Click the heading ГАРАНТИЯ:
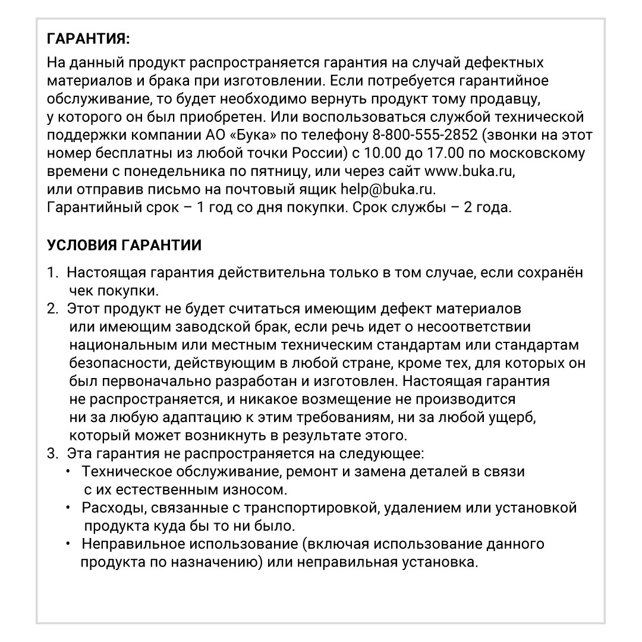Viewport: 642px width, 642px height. (x=87, y=40)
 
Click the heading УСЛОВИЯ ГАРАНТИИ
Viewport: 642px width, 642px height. (x=124, y=246)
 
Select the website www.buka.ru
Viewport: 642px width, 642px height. (x=467, y=172)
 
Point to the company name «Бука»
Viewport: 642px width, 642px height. (x=231, y=134)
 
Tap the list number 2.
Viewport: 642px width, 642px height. (x=52, y=309)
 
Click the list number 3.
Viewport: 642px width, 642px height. (x=52, y=454)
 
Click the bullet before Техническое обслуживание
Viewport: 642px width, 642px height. (x=68, y=471)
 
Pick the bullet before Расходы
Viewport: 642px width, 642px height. (x=68, y=508)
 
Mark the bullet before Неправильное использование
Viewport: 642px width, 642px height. (x=68, y=544)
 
